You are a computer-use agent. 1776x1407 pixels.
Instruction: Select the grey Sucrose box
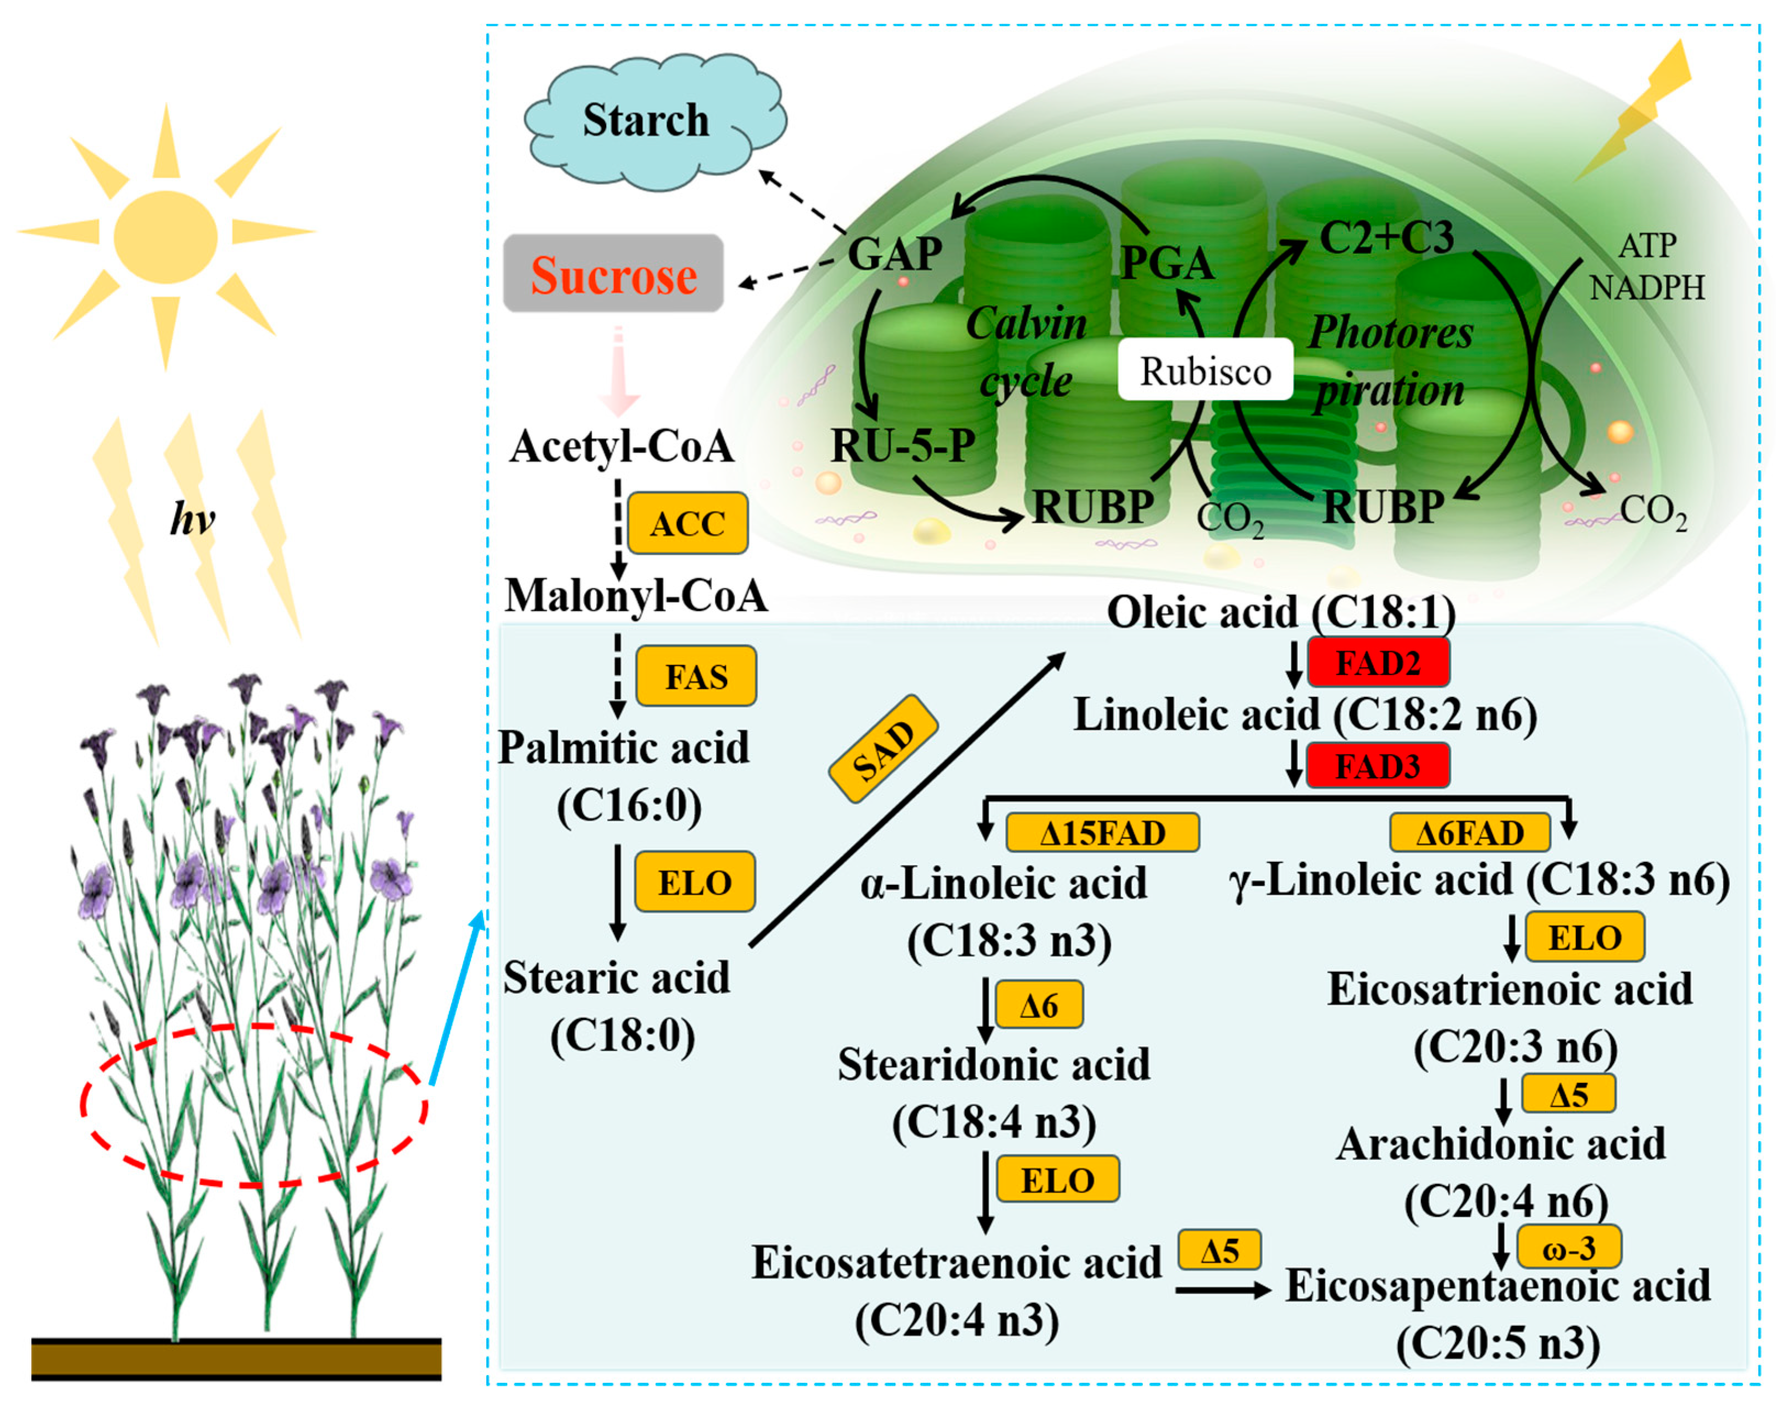614,274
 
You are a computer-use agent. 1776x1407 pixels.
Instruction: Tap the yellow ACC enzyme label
688,523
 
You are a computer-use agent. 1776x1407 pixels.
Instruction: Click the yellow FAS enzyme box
696,677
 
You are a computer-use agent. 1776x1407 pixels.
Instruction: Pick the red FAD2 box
1378,662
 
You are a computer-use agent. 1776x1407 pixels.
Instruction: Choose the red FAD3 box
1378,766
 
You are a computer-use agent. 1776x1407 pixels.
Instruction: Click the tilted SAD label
883,748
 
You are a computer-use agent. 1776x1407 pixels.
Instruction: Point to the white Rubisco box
1205,370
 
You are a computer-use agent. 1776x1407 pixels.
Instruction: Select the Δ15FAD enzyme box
1102,833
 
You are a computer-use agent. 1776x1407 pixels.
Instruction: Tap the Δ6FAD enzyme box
1469,833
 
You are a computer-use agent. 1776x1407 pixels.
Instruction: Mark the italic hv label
192,519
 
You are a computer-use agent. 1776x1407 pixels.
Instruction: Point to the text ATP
1647,245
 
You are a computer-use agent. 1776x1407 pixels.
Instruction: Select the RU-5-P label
903,446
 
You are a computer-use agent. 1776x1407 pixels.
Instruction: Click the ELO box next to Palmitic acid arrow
695,882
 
